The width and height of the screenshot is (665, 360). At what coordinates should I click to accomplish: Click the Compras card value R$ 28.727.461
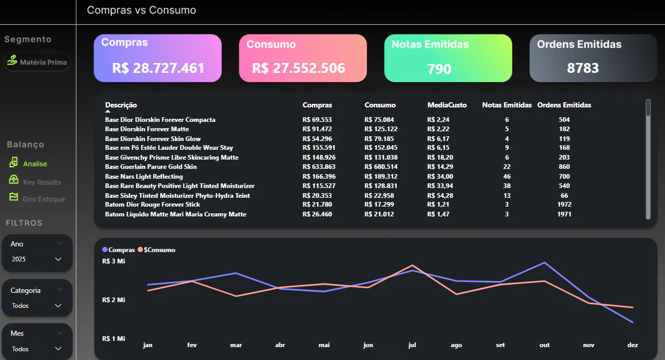tap(158, 68)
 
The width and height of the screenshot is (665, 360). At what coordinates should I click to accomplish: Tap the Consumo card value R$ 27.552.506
tap(298, 68)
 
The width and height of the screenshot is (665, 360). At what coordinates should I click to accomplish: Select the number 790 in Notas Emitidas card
tap(439, 69)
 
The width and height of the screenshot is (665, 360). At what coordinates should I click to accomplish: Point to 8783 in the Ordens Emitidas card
tap(583, 68)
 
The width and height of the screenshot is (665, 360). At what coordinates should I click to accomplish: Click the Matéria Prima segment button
tap(37, 62)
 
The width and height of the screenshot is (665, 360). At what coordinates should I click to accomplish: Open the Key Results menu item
tap(42, 182)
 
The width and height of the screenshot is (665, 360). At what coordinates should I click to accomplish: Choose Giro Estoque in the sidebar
tap(43, 199)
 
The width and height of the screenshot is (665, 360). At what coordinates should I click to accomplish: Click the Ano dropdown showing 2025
tap(37, 259)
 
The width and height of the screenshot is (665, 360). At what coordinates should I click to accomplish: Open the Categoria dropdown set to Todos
tap(37, 306)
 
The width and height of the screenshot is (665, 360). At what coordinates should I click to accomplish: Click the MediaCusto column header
tap(447, 105)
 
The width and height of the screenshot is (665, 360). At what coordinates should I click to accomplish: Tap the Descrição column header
tap(121, 105)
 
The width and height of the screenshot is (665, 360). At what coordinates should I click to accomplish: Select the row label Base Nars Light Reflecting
tap(144, 177)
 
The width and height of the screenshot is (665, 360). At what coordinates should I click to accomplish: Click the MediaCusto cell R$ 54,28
tap(440, 196)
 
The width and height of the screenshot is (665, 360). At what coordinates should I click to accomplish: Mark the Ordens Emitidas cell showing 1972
tap(564, 205)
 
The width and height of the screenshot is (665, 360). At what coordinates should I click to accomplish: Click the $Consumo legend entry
tap(157, 250)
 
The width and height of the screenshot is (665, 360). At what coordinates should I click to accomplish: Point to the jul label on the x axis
tap(412, 345)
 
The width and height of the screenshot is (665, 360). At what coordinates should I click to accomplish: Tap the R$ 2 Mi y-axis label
tap(113, 300)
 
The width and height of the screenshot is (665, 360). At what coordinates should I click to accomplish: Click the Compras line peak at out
tap(545, 263)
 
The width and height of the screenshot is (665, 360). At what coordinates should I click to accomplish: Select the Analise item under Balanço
tap(35, 164)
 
